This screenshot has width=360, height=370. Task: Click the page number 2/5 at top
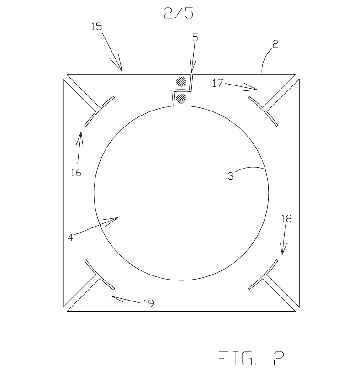(179, 13)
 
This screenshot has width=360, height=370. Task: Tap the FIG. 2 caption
(251, 358)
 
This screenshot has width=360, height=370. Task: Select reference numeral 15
(96, 26)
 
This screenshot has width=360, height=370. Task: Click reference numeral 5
(196, 37)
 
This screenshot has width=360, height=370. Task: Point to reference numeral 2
(275, 44)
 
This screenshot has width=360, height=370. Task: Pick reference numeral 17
(217, 83)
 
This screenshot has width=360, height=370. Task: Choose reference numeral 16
(76, 173)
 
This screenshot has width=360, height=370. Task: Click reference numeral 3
(231, 176)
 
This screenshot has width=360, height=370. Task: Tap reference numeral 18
(286, 219)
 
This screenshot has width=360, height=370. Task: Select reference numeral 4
(70, 238)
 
